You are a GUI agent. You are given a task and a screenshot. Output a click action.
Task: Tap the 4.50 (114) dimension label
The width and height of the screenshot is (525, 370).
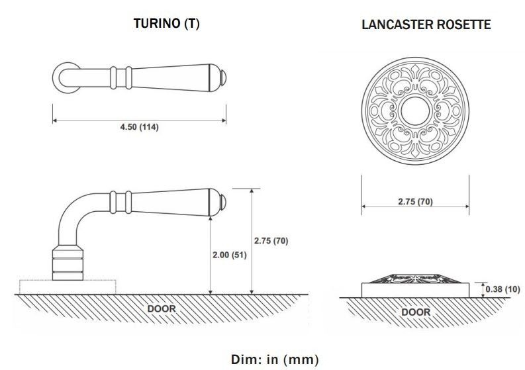click(138, 127)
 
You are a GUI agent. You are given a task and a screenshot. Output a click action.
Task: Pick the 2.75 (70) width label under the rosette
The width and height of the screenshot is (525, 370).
click(415, 202)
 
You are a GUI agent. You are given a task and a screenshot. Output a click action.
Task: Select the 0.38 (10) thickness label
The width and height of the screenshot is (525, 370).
click(502, 289)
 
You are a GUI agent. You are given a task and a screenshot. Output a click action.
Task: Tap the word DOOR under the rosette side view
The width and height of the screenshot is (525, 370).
click(415, 312)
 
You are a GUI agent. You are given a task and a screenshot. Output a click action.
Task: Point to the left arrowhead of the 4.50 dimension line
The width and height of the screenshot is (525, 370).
click(54, 120)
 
